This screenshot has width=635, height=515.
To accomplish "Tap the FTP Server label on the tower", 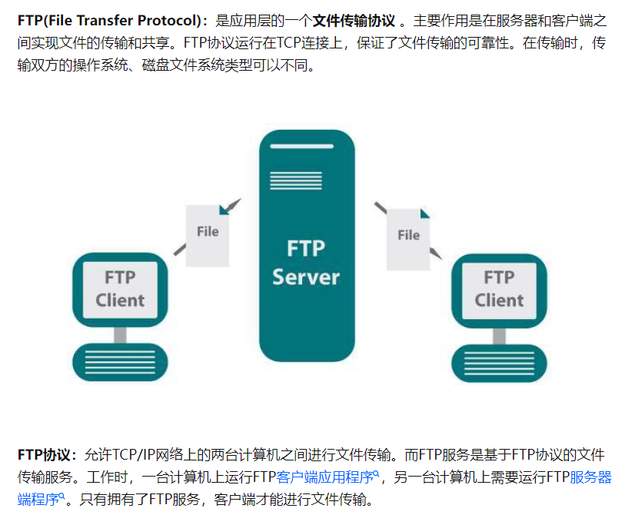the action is [306, 262].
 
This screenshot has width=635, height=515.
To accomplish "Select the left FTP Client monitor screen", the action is [119, 288].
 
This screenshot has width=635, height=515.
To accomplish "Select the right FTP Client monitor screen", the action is [498, 288].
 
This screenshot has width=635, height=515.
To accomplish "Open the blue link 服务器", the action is [590, 477].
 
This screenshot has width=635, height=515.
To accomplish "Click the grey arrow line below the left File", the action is [180, 248].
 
